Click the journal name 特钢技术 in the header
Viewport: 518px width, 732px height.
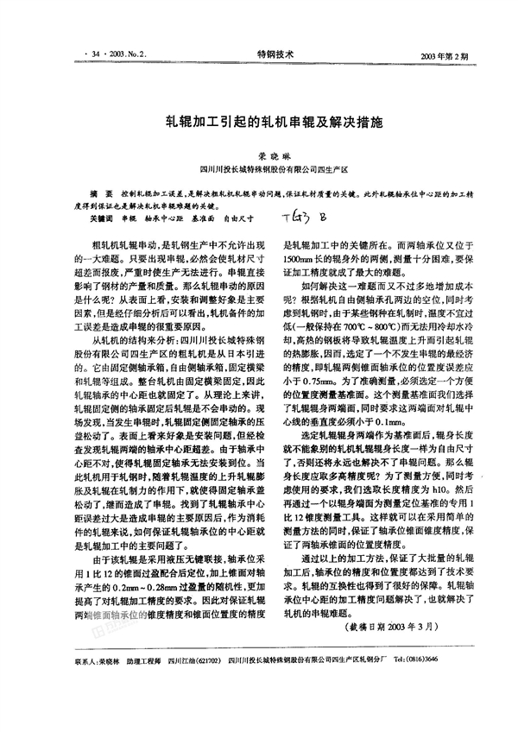[x=275, y=54]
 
